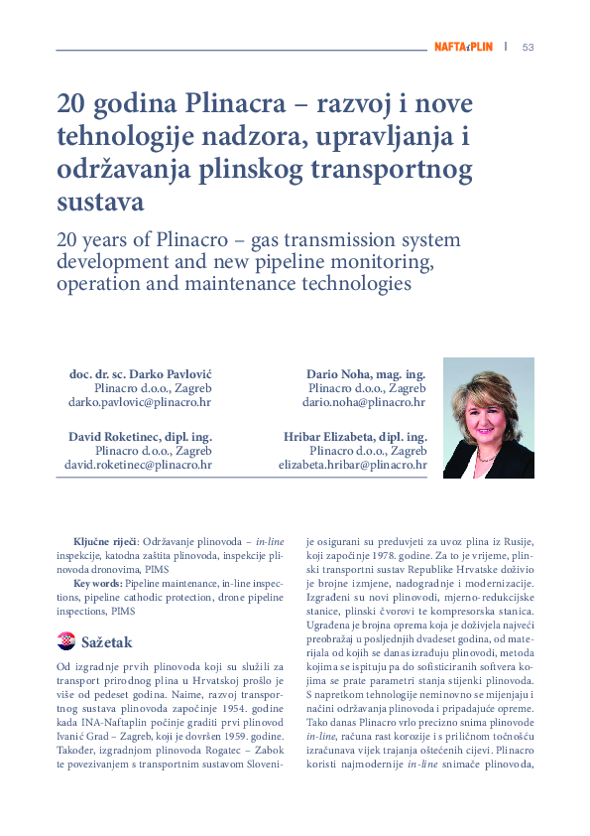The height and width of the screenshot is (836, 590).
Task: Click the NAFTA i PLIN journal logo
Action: pos(463,47)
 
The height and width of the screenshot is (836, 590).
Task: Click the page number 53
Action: pos(528,47)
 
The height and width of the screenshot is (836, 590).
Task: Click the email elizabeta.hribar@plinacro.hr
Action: pos(352,464)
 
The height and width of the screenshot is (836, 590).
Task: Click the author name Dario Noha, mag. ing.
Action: pos(366,374)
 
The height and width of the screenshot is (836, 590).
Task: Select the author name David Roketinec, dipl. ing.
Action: pos(140,436)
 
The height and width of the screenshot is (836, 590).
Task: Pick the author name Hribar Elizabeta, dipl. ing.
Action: pos(355,436)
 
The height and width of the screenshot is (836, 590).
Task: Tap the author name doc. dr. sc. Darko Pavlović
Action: pos(140,374)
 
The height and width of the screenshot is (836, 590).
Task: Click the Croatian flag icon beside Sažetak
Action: pos(66,641)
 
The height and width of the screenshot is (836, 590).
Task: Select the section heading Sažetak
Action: pos(106,642)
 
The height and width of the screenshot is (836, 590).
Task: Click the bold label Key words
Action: pos(98,584)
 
